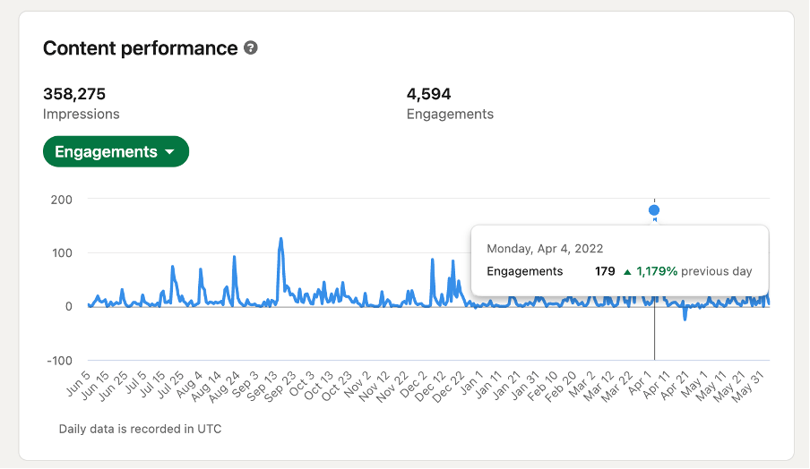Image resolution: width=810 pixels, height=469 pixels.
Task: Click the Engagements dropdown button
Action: click(116, 151)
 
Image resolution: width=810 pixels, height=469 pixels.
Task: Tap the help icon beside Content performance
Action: click(251, 48)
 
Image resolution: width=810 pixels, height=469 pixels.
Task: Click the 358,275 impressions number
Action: click(74, 94)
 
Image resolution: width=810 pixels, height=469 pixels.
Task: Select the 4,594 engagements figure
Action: click(429, 94)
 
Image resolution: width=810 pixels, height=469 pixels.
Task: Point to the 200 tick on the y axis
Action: click(62, 200)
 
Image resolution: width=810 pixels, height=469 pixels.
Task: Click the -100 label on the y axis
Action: click(59, 361)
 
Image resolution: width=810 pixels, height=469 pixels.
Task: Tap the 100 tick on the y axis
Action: click(62, 252)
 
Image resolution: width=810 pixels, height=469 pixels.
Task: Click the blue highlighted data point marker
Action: click(654, 210)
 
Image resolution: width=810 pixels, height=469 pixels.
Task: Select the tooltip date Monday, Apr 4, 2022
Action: click(545, 249)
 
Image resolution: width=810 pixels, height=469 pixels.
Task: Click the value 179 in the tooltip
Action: click(605, 271)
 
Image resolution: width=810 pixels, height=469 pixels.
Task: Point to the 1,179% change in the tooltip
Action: click(657, 271)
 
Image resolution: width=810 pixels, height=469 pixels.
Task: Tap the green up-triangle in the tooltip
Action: click(627, 272)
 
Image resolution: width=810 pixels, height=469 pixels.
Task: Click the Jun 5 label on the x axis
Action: click(79, 383)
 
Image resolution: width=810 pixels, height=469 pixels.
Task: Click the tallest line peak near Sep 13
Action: click(281, 238)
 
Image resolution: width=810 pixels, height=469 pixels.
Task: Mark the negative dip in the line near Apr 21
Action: click(685, 320)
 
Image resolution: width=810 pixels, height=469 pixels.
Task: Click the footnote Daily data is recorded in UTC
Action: click(140, 430)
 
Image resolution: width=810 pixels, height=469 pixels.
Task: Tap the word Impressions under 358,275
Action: click(82, 114)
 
